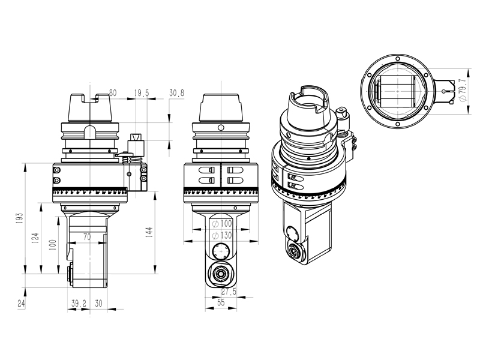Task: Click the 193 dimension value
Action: [x=20, y=219]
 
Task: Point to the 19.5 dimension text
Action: [x=142, y=93]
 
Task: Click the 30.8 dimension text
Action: [x=177, y=93]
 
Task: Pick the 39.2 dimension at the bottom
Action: [x=79, y=304]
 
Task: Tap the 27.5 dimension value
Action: [x=229, y=292]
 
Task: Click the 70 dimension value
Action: [x=87, y=238]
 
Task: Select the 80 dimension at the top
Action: [x=112, y=93]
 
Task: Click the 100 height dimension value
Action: [x=52, y=245]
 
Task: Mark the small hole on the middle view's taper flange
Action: [x=221, y=128]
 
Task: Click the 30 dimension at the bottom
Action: [x=98, y=304]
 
